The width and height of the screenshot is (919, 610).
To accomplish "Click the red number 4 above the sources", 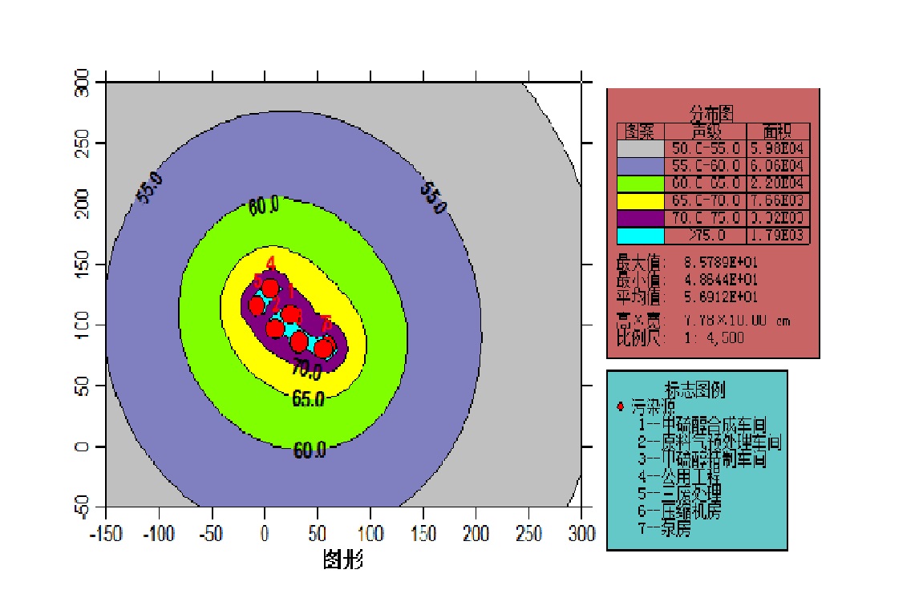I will point(271,263).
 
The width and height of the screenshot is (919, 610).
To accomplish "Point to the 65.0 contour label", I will point(309,399).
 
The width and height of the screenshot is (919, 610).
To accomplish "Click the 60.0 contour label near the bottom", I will point(309,450).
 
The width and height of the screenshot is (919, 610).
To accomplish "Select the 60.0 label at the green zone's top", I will point(264,207).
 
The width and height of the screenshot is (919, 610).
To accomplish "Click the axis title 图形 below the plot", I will point(343,559).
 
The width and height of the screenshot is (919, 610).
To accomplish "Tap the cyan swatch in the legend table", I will point(640,236).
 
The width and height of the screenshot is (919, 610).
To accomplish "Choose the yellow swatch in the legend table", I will point(640,200).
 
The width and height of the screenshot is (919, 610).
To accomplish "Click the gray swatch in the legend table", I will point(640,148).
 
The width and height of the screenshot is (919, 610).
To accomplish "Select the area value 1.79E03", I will point(778,236).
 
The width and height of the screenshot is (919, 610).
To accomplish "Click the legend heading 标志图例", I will point(695,390).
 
